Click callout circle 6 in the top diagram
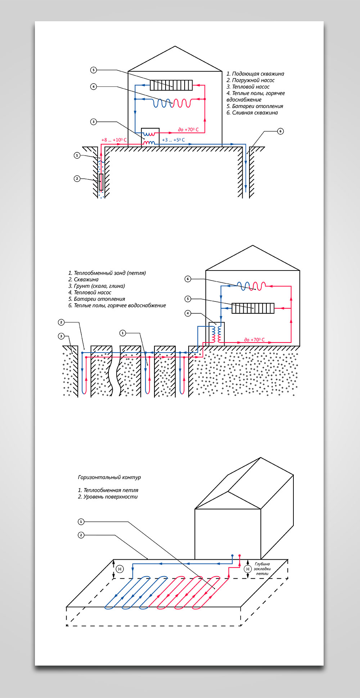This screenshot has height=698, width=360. tap(281, 131)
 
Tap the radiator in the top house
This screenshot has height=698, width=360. tap(171, 85)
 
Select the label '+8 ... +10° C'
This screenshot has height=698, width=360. tap(114, 140)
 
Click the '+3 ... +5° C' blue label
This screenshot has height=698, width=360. tap(173, 140)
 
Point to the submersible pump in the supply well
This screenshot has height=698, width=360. tap(101, 182)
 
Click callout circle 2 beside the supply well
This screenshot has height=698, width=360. tap(77, 179)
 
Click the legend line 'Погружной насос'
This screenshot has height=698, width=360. tap(251, 80)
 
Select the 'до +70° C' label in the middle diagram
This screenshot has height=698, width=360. tap(254, 340)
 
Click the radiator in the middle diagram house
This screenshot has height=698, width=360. tap(253, 308)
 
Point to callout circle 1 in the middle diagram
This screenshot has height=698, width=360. tap(123, 333)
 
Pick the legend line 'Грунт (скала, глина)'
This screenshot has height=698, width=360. tap(97, 286)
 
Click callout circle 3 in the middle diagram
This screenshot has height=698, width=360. tap(61, 336)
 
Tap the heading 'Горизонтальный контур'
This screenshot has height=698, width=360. tap(109, 477)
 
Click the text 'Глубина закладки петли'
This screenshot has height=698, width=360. tap(262, 569)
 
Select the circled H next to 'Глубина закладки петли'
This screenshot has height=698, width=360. tap(248, 569)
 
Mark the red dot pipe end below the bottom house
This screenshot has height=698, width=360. tap(239, 556)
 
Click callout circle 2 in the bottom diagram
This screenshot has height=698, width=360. tap(81, 535)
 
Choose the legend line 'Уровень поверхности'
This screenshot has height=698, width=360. tap(108, 497)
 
